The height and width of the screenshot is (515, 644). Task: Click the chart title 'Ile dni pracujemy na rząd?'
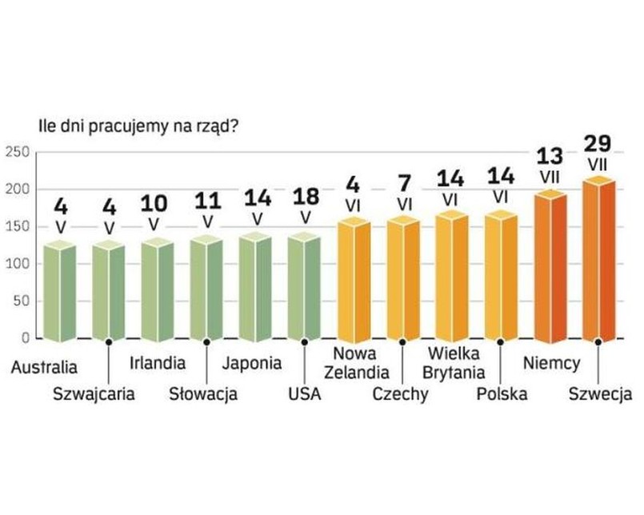tap(136, 126)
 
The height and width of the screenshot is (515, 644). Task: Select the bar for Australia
tap(59, 291)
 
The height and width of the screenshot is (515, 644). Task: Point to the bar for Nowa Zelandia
tap(354, 280)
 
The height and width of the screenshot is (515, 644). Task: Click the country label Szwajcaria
tap(94, 393)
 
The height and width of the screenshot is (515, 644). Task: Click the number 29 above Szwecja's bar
tap(598, 144)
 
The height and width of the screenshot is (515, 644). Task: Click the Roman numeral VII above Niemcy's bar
tap(550, 174)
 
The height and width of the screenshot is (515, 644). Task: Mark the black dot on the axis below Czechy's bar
tap(402, 342)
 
